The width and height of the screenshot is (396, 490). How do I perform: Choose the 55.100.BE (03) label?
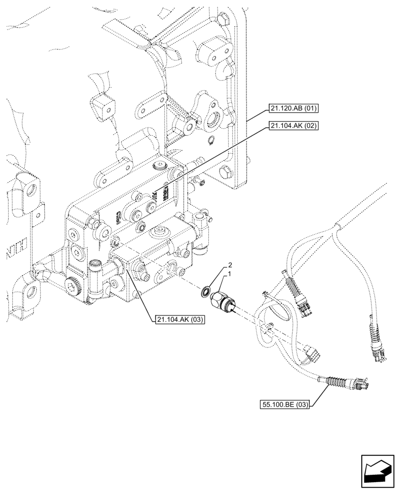coord(285,404)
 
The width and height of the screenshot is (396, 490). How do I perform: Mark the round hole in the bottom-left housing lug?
coord(32,293)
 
